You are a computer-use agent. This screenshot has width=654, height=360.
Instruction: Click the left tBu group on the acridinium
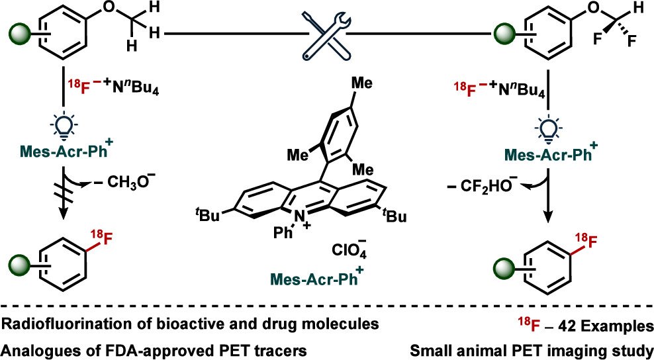click(x=212, y=213)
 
